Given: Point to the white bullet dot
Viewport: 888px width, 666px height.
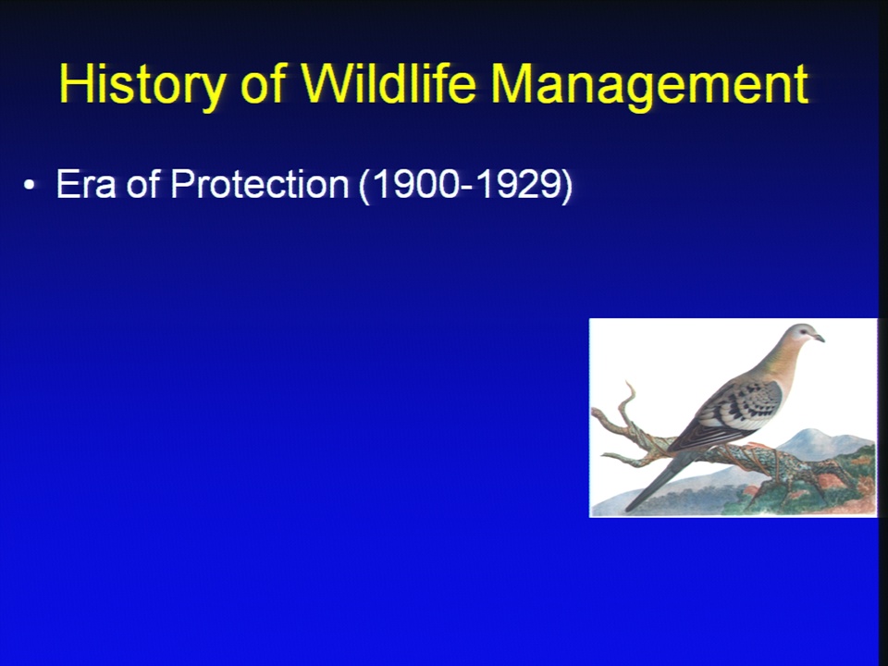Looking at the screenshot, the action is (30, 185).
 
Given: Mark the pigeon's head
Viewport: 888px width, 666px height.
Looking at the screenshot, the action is (804, 335).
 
